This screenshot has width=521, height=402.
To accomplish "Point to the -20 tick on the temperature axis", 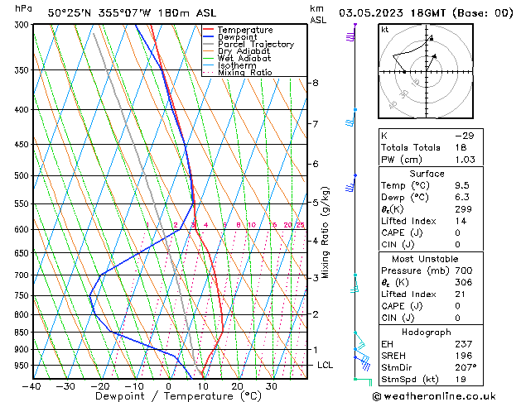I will coord(100,386).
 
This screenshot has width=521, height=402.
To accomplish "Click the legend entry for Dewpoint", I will coord(237,37).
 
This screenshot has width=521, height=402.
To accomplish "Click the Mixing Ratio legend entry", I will coord(244,73).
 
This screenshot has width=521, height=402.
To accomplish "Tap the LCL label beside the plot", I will coord(325,365).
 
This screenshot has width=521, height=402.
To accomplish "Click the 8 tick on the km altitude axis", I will coord(315,83).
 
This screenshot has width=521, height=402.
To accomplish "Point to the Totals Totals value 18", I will coord(461,146).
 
